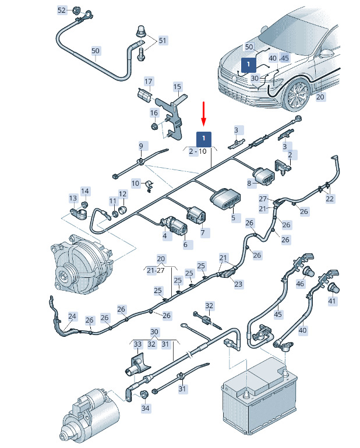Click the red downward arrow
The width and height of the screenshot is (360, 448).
coord(204,114)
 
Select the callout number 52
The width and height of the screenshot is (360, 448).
coord(62,10)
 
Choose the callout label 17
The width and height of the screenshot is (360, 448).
coord(149,81)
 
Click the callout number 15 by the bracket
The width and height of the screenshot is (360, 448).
coord(178,87)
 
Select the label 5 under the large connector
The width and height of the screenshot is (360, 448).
coord(233,218)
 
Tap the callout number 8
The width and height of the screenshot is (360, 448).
coord(249,184)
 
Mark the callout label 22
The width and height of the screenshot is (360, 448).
coord(330,199)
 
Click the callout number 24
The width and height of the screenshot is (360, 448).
coord(72,317)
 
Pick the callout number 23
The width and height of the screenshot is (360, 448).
coord(238,284)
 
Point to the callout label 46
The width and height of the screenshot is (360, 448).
coord(300,284)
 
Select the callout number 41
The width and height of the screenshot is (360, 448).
coord(332,301)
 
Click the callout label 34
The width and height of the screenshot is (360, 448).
coord(145,408)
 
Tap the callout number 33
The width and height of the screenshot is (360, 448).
coord(137,344)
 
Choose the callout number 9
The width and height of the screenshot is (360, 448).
coord(140,146)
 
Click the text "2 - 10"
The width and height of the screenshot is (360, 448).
coord(198,151)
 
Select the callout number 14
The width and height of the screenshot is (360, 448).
coord(85,191)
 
